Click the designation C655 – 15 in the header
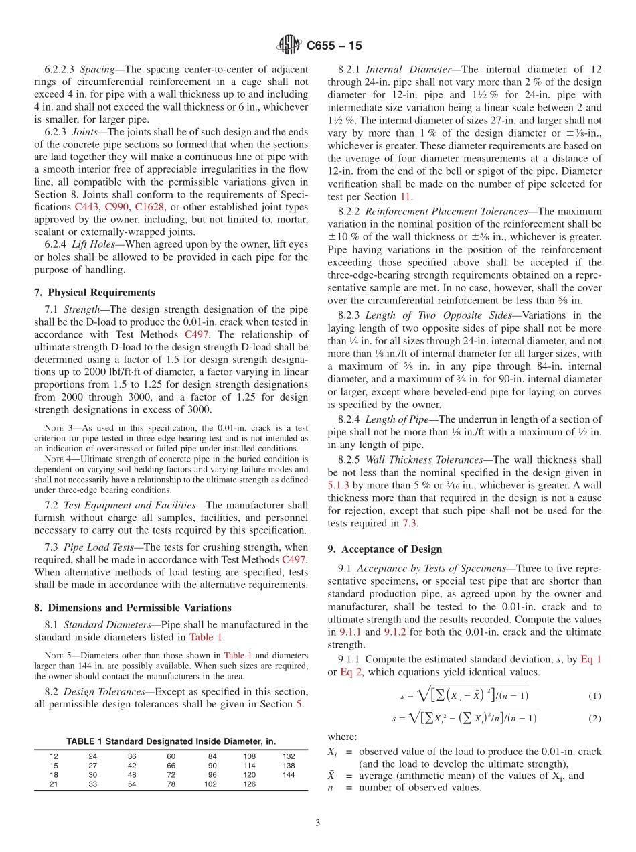pyautogui.click(x=333, y=46)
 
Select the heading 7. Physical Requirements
pyautogui.click(x=94, y=293)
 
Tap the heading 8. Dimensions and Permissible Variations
pyautogui.click(x=133, y=608)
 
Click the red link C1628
pyautogui.click(x=149, y=207)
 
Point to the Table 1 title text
pyautogui.click(x=171, y=741)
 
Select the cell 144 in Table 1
pyautogui.click(x=289, y=774)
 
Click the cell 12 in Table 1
pyautogui.click(x=54, y=756)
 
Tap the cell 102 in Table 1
pyautogui.click(x=210, y=784)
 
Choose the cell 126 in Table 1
pyautogui.click(x=250, y=784)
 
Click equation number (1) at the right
pyautogui.click(x=594, y=696)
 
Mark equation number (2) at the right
pyautogui.click(x=594, y=719)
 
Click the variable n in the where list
pyautogui.click(x=331, y=788)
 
